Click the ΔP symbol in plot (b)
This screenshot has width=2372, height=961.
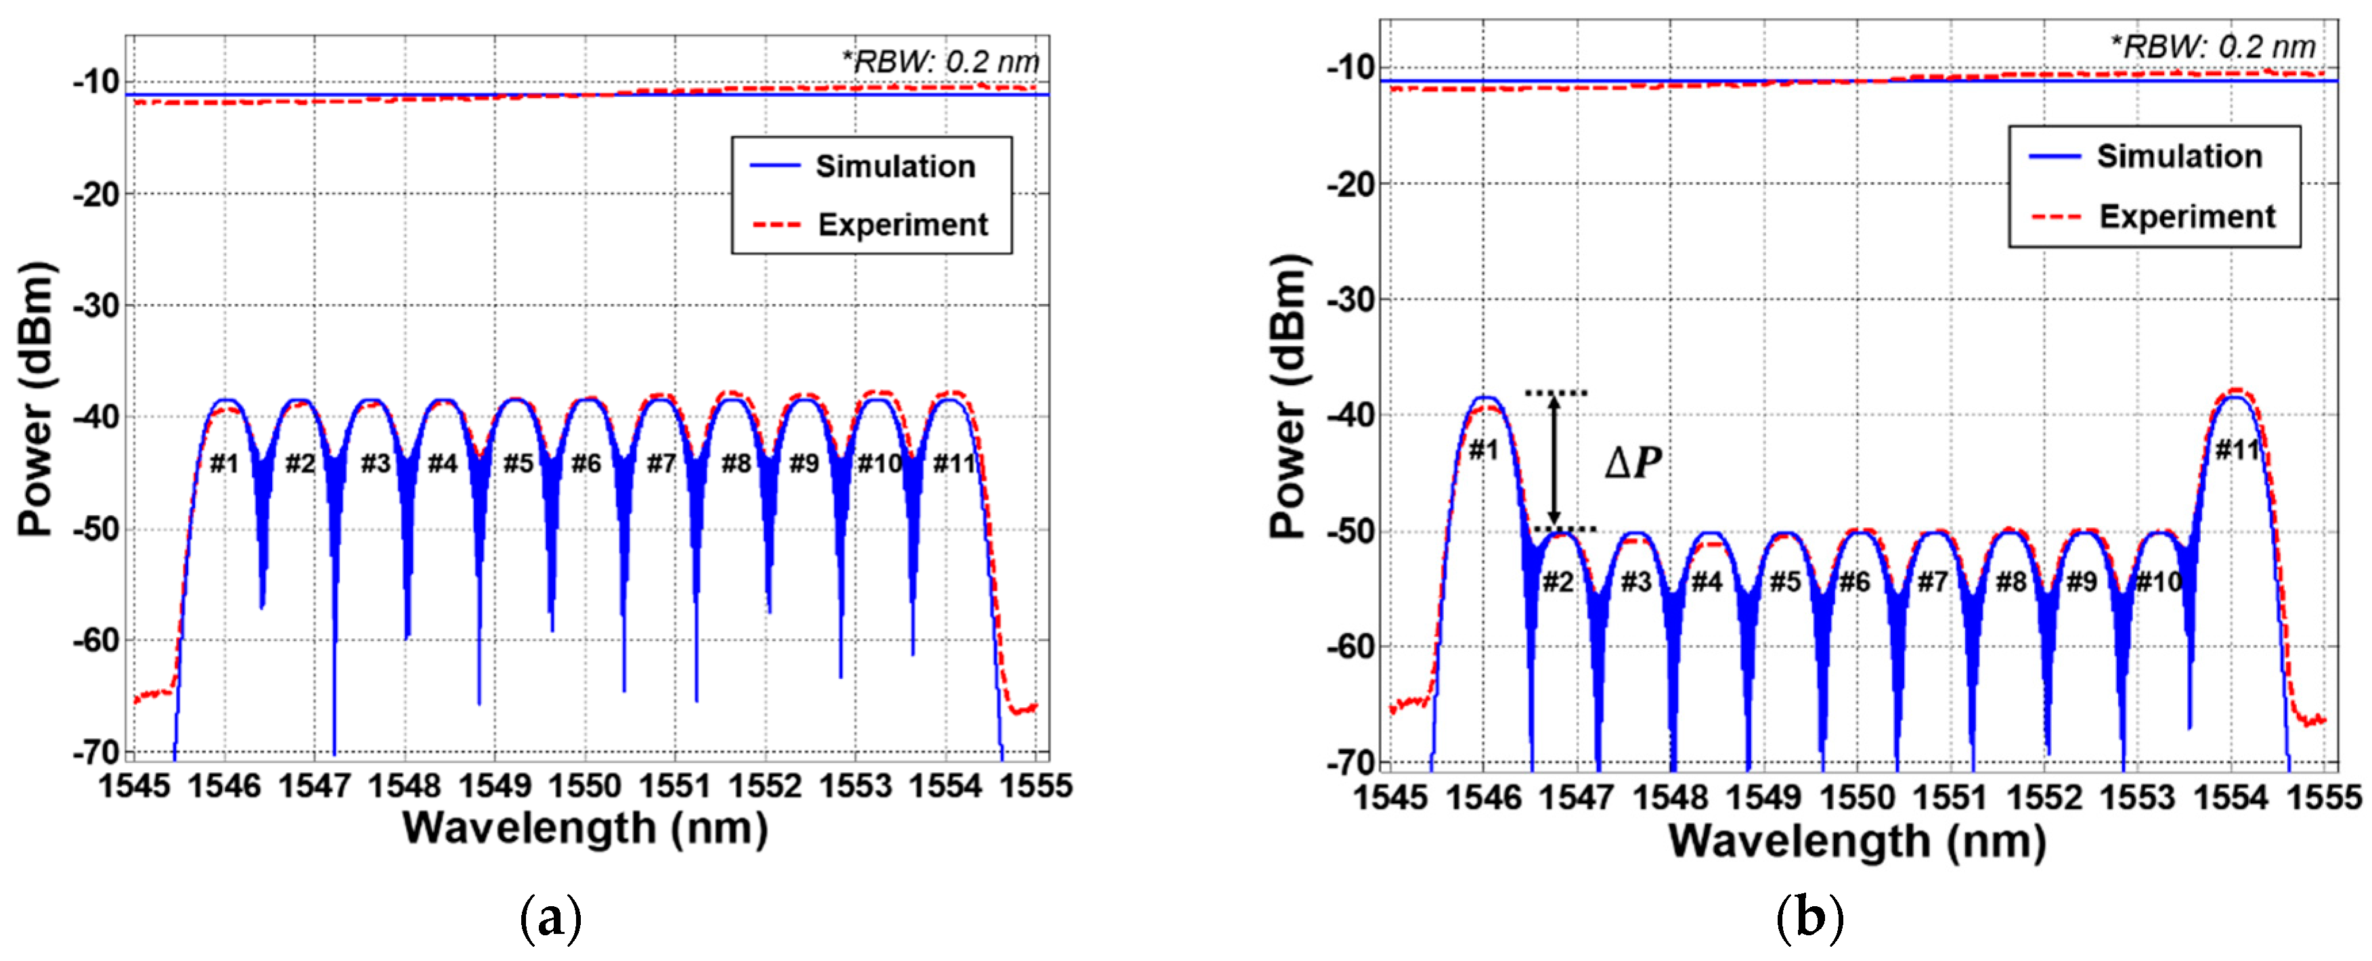pos(1633,462)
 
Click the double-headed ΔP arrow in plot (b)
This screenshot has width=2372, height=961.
pos(1554,460)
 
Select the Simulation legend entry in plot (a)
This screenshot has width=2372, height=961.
pos(894,166)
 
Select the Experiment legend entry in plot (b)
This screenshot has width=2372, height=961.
pos(2186,217)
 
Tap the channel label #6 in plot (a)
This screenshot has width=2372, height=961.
pos(586,463)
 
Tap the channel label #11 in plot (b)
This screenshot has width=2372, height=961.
pos(2237,449)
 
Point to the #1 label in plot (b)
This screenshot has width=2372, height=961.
pos(1483,449)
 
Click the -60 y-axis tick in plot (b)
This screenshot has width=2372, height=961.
pos(1350,647)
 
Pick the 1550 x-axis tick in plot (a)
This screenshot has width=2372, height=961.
pos(586,786)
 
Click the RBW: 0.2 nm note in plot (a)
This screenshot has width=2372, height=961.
pos(940,62)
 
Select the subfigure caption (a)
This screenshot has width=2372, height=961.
pos(550,918)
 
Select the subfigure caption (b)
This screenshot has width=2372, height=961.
pos(1809,918)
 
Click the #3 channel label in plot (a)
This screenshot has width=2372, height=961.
pos(376,463)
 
